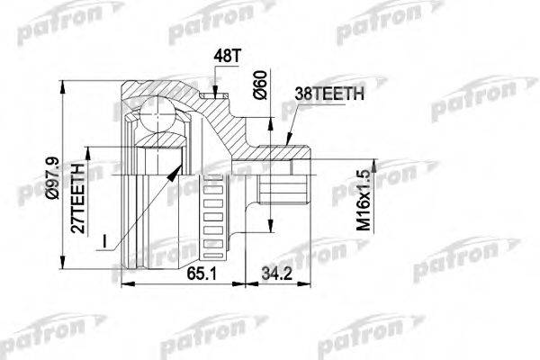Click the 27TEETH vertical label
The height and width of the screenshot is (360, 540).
click(78, 198)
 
